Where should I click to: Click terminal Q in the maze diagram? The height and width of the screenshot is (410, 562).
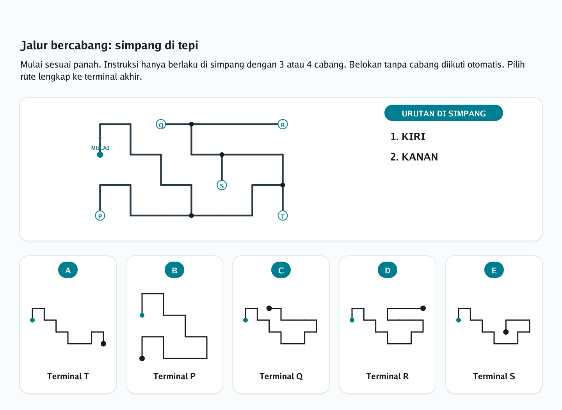161,124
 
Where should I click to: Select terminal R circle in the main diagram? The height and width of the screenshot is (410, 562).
283,124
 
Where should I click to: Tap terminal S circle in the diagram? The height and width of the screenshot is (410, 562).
222,185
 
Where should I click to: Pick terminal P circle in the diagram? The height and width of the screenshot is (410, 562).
100,216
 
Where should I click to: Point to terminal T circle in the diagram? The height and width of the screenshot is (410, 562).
283,216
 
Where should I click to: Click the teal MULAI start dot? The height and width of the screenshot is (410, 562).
100,155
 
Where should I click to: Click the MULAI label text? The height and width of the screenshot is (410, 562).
100,148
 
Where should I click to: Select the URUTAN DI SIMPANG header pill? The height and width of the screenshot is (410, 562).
444,113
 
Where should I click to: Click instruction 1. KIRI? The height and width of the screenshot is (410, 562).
408,137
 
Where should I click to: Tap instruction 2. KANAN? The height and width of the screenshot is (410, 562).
414,157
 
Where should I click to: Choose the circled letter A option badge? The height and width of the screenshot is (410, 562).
68,270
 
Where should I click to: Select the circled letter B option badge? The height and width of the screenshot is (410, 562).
174,270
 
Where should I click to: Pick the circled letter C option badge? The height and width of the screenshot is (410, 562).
281,270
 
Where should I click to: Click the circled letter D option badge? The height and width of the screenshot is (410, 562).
388,270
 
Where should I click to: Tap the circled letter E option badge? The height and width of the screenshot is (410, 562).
494,270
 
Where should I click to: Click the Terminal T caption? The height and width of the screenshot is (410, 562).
68,376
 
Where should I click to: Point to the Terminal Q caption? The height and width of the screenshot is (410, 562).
281,376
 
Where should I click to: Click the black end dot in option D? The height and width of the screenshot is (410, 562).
423,308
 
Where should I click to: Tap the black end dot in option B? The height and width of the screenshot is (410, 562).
142,358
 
